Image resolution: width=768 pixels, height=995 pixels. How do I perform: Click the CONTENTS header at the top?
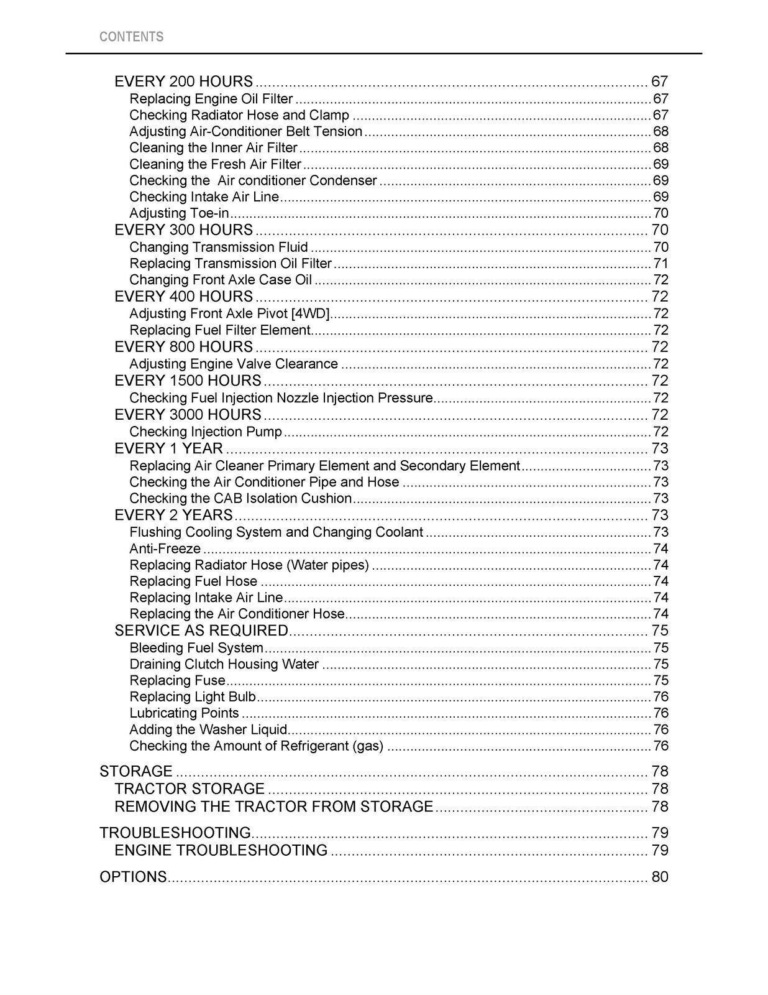click(x=132, y=37)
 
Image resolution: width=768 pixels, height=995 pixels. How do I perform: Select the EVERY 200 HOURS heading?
click(x=184, y=81)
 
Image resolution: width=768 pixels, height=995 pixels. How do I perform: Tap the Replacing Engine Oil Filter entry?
click(x=211, y=99)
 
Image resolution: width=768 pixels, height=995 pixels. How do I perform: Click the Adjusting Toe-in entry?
click(x=179, y=213)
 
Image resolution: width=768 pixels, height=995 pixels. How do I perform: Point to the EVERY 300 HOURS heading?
click(x=184, y=230)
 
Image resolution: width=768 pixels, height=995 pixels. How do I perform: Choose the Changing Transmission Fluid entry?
click(x=219, y=247)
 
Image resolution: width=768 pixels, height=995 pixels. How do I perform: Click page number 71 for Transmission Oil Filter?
click(x=661, y=263)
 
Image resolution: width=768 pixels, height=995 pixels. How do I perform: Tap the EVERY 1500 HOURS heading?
click(x=188, y=381)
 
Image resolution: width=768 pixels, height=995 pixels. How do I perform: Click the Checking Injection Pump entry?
click(x=206, y=432)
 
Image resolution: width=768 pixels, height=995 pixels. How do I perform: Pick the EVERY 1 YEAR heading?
click(x=169, y=448)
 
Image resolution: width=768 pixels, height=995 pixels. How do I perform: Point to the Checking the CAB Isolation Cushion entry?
click(x=240, y=498)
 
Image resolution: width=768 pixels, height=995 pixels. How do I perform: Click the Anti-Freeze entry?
click(x=165, y=548)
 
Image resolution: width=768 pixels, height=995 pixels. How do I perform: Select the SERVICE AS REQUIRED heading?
click(x=202, y=631)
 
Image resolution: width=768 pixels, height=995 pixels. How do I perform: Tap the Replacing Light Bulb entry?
click(x=193, y=696)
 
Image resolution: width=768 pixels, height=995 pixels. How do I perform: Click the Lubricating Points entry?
click(x=185, y=713)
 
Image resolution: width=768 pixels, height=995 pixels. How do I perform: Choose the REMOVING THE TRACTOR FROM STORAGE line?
click(x=274, y=807)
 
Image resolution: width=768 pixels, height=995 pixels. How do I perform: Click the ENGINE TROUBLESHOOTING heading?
click(x=221, y=850)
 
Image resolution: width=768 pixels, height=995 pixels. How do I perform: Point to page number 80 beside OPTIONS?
click(x=660, y=877)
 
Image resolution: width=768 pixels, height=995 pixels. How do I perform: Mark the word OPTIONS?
click(x=134, y=877)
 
